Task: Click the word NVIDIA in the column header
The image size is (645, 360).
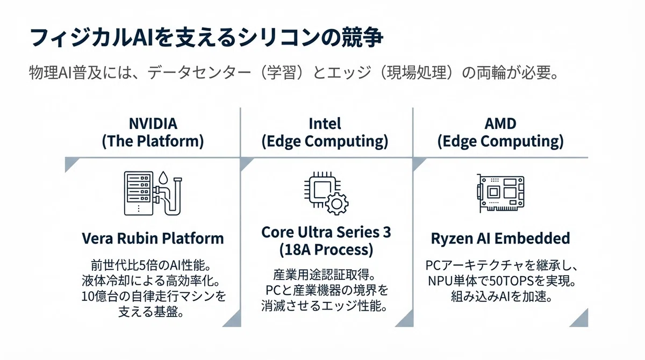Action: click(153, 124)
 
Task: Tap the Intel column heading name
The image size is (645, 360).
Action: click(325, 124)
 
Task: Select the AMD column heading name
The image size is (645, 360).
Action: click(500, 124)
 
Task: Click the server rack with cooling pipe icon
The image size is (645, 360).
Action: click(153, 193)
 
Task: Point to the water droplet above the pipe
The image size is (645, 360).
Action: click(163, 177)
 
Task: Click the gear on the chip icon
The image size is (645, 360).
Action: click(336, 204)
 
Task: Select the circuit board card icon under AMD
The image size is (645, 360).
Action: click(500, 193)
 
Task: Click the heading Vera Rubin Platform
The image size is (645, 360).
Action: click(153, 238)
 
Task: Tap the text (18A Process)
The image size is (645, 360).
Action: click(326, 249)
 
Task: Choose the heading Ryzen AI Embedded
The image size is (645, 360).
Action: click(500, 238)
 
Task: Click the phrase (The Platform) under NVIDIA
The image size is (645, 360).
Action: click(153, 141)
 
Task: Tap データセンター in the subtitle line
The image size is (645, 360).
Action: click(199, 73)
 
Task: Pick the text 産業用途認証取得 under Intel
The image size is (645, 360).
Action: click(320, 275)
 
